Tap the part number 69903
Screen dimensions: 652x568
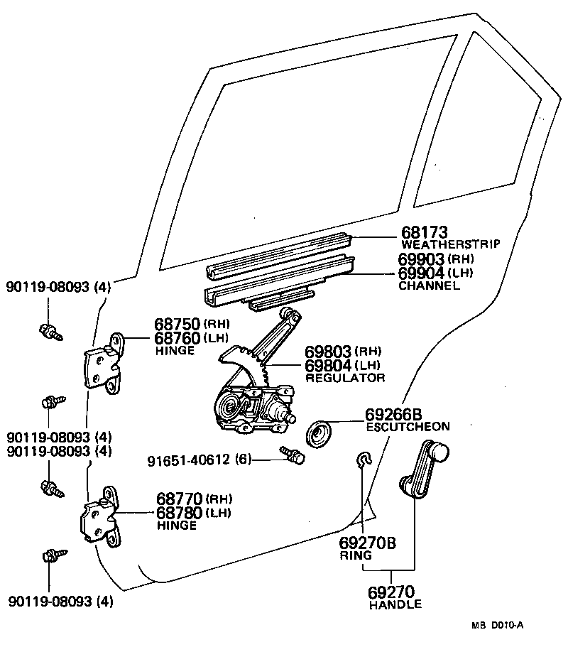pos(421,259)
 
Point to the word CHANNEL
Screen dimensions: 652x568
pos(429,286)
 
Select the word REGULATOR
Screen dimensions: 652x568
pos(345,378)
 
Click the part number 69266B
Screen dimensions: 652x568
pos(394,414)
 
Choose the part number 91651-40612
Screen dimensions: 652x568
pos(190,460)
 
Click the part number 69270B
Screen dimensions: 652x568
pos(367,544)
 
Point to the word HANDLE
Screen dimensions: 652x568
pos(395,604)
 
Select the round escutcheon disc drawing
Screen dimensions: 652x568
pos(319,433)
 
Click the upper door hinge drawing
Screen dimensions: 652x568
pos(104,364)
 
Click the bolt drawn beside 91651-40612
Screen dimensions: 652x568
pos(292,455)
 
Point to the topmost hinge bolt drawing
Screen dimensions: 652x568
pos(50,330)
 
